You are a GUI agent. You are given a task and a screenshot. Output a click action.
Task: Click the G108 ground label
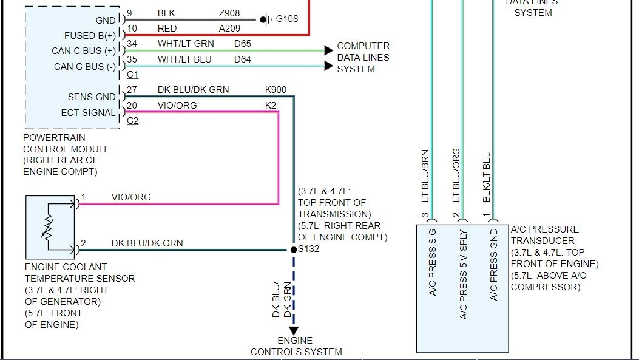point(287,19)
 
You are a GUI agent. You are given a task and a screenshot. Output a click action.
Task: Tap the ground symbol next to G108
point(266,19)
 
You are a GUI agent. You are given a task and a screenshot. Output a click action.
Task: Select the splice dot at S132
point(292,250)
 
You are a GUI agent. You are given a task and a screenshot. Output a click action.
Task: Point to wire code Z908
point(229,13)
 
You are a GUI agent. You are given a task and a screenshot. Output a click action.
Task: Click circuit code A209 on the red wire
point(229,29)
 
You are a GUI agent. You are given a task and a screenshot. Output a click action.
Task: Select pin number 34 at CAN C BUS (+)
point(132,43)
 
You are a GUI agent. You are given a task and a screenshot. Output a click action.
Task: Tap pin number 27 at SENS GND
point(132,89)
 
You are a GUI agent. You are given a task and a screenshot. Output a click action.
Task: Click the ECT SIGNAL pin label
point(88,113)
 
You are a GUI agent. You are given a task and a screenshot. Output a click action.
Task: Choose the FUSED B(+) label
point(90,36)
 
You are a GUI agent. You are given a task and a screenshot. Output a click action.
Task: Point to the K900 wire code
point(276,89)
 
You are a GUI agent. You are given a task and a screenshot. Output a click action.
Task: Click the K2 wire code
point(271,105)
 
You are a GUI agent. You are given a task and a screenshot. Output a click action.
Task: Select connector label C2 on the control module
point(132,121)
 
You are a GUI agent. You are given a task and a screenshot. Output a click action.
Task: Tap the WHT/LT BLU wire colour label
point(184,59)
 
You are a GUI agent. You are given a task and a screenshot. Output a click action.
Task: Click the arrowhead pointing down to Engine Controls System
point(293,330)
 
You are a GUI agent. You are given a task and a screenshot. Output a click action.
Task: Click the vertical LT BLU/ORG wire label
point(456,175)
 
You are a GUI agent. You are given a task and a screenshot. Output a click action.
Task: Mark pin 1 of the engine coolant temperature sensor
point(83,197)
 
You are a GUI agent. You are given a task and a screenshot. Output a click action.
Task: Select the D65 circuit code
point(243,44)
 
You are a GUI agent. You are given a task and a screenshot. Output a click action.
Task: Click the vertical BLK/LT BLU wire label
point(486,177)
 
